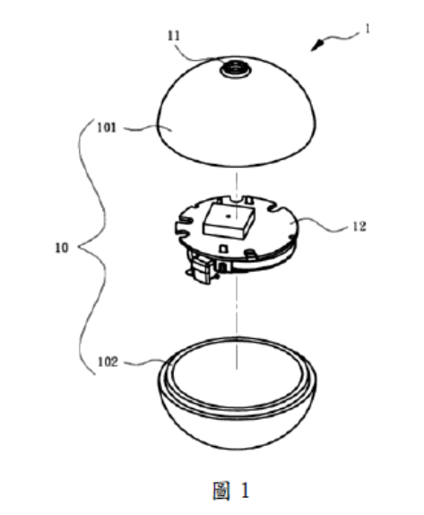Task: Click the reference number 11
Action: tap(174, 36)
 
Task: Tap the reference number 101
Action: tap(107, 127)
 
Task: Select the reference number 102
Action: tap(108, 362)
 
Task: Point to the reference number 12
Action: tap(359, 226)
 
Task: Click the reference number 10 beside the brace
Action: tap(62, 248)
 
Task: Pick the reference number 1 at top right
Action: tap(368, 29)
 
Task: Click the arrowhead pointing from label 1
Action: tap(317, 45)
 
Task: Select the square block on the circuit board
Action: tap(229, 221)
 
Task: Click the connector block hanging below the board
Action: tap(203, 270)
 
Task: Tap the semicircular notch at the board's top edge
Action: tap(236, 198)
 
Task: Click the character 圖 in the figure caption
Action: tap(221, 491)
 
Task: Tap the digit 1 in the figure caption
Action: tap(245, 491)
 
